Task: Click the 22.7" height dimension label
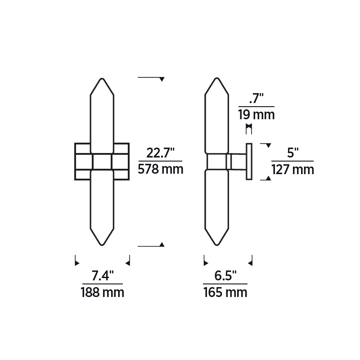click(160, 153)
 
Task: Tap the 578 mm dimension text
click(161, 170)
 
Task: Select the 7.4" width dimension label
click(102, 275)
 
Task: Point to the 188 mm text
click(102, 292)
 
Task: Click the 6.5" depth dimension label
click(225, 275)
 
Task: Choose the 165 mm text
click(225, 292)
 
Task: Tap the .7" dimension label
click(256, 98)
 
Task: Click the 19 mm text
click(256, 114)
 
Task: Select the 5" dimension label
click(293, 153)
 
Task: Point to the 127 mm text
click(293, 170)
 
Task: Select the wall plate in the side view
click(248, 162)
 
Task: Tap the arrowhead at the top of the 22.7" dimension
click(162, 80)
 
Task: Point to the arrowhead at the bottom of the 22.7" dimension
click(162, 244)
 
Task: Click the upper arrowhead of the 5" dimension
click(268, 146)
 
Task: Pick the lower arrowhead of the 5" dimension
click(268, 178)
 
